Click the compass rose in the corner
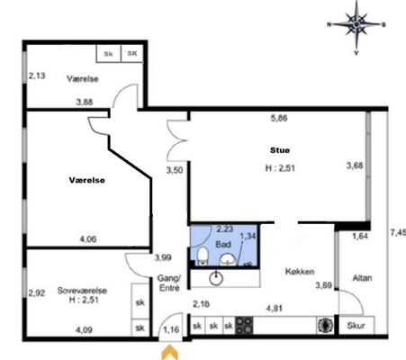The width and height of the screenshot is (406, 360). (x=356, y=24)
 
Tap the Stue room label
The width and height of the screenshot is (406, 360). (x=280, y=150)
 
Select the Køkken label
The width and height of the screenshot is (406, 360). (x=300, y=272)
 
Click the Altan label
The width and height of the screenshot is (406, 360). (x=362, y=278)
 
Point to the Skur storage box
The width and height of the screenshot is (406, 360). (x=356, y=325)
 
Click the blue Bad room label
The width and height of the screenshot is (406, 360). (x=223, y=244)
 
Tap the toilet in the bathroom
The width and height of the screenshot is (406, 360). (x=203, y=256)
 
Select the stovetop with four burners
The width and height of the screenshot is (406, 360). (x=244, y=325)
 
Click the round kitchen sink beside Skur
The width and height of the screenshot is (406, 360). (x=325, y=325)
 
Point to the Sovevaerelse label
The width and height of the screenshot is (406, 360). (x=82, y=291)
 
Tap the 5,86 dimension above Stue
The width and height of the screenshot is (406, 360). (x=279, y=118)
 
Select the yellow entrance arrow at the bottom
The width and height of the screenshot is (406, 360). (x=170, y=352)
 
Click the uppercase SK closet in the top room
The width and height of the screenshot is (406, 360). (x=132, y=53)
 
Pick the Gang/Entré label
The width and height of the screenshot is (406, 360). (x=169, y=283)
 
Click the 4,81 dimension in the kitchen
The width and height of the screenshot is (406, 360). (x=275, y=308)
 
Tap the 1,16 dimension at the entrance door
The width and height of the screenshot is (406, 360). (x=171, y=329)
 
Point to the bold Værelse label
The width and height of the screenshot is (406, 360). (x=87, y=180)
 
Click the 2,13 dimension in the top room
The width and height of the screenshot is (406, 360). (x=37, y=76)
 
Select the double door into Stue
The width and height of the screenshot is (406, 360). (x=177, y=140)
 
